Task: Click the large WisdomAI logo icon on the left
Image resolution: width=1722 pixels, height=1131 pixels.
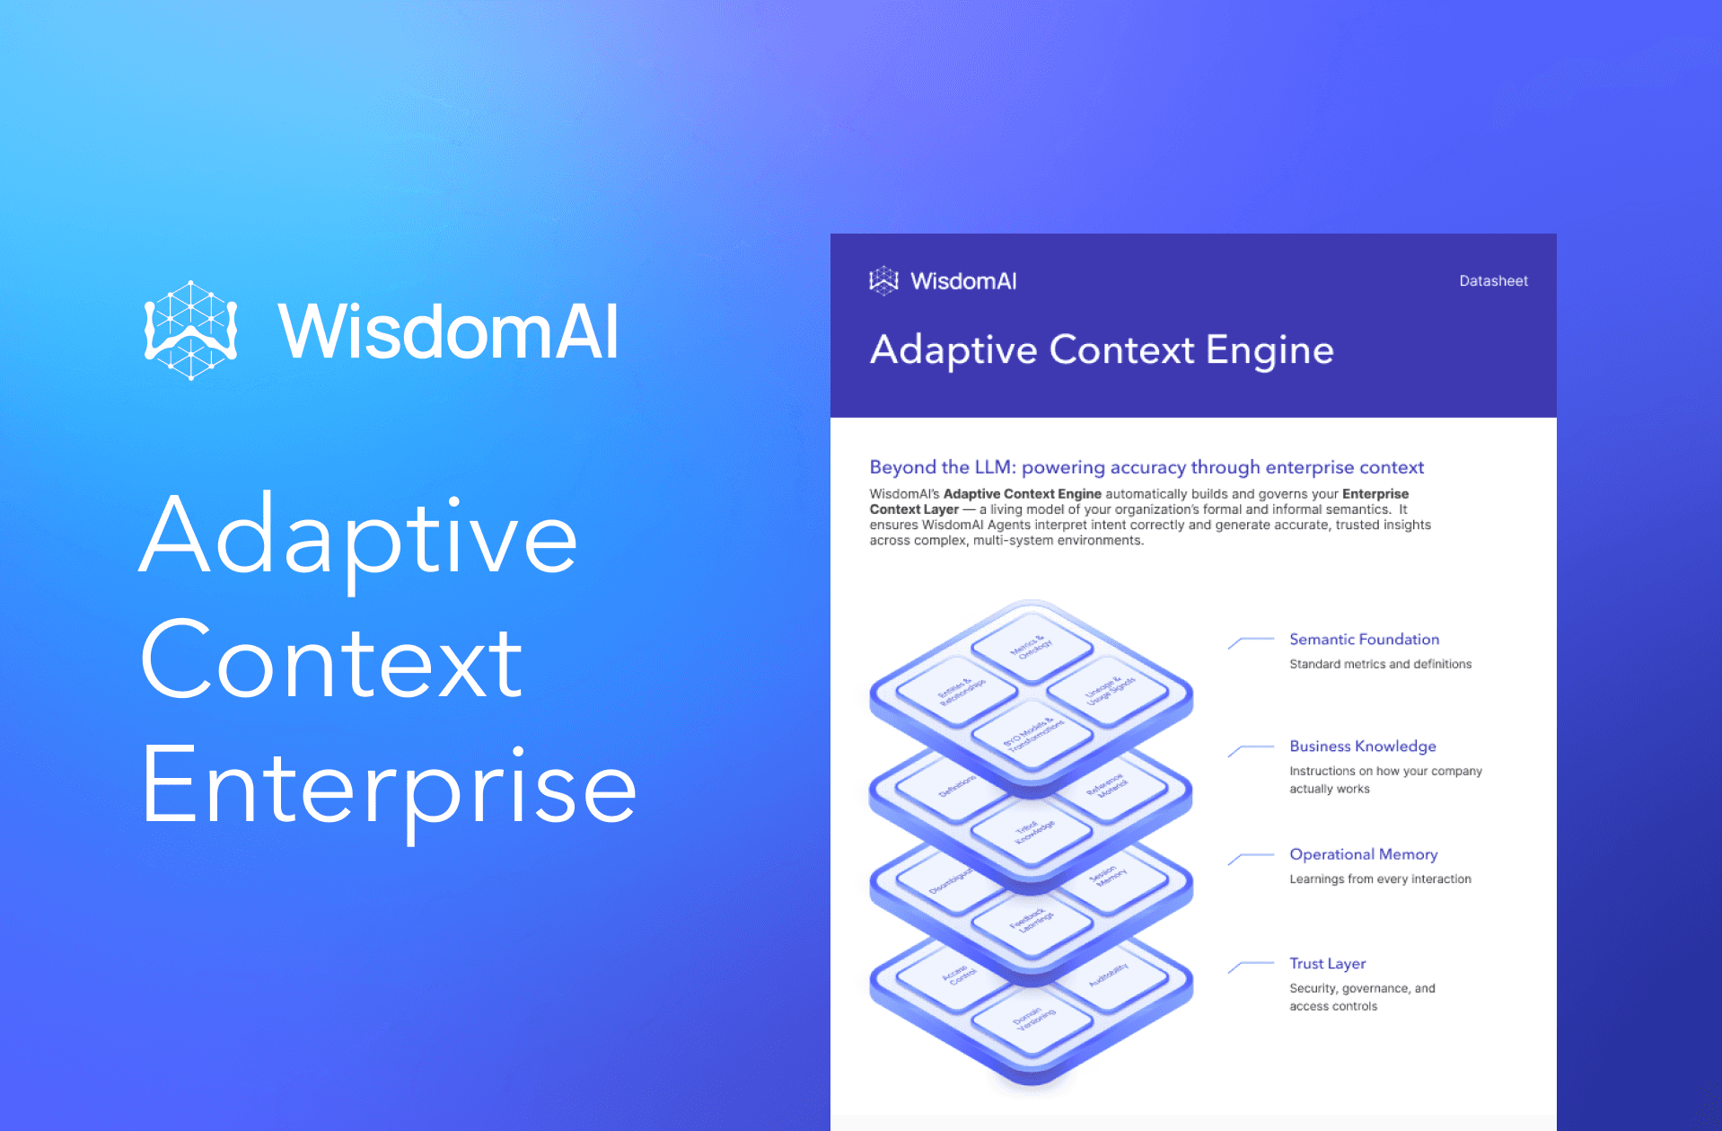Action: coord(190,331)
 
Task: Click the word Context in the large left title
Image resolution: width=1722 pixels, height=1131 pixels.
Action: coord(331,661)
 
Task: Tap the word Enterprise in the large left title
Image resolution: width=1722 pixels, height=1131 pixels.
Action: coord(388,787)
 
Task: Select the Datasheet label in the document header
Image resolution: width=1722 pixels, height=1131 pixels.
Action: coord(1493,281)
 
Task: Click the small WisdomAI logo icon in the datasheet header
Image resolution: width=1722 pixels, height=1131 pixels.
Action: coord(883,281)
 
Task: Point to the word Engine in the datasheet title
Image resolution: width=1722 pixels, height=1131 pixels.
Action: coord(1269,350)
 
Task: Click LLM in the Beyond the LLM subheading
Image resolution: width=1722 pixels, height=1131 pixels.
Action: coord(994,467)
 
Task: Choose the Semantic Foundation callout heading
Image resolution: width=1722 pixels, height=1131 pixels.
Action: coord(1364,640)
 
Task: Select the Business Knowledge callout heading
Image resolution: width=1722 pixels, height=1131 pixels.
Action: coord(1362,747)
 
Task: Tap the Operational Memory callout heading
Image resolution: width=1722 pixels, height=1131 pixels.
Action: coord(1363,854)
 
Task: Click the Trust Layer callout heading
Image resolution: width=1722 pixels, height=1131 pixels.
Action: coord(1327,964)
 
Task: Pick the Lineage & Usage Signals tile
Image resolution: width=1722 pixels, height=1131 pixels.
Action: coord(1110,691)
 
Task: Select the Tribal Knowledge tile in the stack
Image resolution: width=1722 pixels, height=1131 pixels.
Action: coord(1033,832)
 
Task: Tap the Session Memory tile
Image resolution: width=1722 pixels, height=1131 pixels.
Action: coord(1108,876)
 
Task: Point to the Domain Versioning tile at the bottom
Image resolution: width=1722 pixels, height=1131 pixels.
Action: coord(1033,1019)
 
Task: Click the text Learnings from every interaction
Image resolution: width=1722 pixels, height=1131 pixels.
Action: coord(1380,879)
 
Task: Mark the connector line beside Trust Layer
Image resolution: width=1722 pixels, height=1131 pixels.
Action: coord(1251,966)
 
